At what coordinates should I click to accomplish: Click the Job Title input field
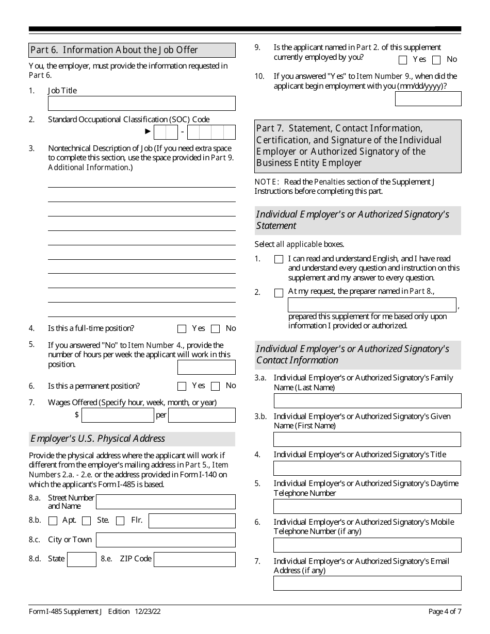tap(141, 103)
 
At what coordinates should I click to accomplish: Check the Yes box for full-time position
tap(182, 329)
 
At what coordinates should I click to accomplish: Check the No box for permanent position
tap(216, 386)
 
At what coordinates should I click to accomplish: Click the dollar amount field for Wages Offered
tap(118, 415)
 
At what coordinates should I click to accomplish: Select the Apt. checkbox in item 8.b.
tap(53, 521)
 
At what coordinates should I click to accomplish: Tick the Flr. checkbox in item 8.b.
tap(120, 521)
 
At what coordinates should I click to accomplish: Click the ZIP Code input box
tap(194, 559)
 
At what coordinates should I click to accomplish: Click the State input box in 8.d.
tap(81, 559)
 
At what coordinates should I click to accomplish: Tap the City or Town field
tap(166, 540)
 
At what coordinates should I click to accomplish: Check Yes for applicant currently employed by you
tap(403, 60)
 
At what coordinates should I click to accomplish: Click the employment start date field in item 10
tap(428, 98)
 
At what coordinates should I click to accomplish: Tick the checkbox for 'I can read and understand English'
tap(279, 259)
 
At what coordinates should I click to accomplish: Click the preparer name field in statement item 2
tap(372, 305)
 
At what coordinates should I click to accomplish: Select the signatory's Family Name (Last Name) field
tap(367, 401)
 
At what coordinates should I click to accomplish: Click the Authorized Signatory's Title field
tap(367, 468)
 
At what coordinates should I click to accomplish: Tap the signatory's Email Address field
tap(367, 583)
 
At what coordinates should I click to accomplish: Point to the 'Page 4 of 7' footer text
tap(445, 611)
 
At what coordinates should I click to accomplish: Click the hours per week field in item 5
tap(206, 367)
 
